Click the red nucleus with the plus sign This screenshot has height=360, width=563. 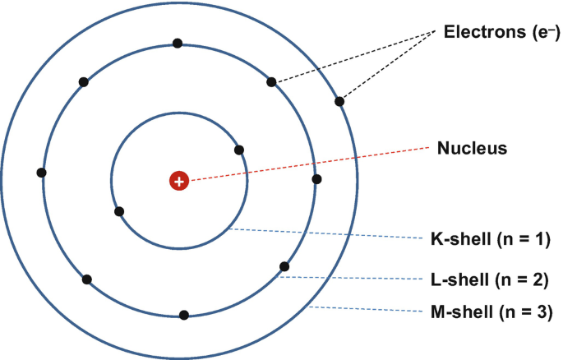point(179,181)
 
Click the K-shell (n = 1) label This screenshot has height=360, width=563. point(489,241)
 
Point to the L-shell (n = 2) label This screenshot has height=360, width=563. point(489,277)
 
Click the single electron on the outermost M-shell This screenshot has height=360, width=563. point(339,102)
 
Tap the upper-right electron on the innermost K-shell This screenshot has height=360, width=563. point(239,150)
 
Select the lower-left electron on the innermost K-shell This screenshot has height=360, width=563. point(119,211)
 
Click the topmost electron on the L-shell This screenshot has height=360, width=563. point(177,43)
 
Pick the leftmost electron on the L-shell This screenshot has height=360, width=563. point(41,173)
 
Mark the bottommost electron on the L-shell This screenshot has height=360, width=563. point(184,314)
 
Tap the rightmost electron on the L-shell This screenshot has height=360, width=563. point(316,178)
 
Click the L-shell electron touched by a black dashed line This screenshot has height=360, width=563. point(271,82)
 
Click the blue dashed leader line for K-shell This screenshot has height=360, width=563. point(329,234)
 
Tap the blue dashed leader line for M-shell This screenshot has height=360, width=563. point(370,311)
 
